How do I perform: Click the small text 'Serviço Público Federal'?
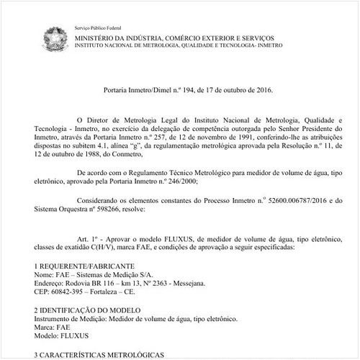[x=97, y=27]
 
